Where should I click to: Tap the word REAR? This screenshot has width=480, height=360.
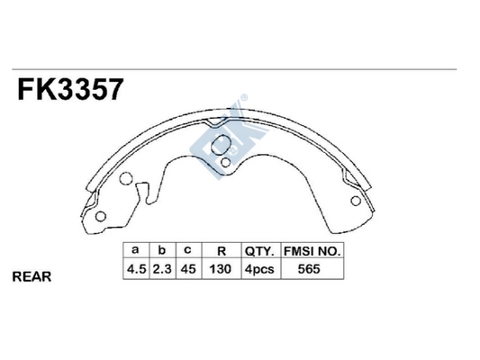32,277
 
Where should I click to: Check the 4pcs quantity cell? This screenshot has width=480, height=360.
259,269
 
